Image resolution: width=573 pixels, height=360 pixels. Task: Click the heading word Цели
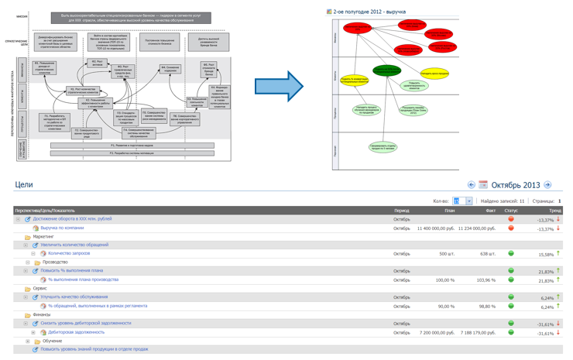(x=24, y=185)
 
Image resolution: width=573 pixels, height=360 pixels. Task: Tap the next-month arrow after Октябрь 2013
(x=547, y=185)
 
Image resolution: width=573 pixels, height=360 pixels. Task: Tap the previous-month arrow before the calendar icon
(x=471, y=185)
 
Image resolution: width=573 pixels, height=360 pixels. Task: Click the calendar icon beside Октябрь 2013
(x=483, y=185)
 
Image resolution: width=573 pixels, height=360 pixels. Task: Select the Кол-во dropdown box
(x=462, y=201)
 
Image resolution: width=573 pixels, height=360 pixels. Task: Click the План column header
(x=450, y=211)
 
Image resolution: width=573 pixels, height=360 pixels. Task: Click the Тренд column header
(x=555, y=211)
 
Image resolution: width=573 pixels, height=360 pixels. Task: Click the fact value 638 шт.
(x=487, y=254)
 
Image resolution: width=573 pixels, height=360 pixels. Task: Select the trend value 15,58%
(x=546, y=255)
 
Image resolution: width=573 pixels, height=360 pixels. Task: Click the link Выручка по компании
(x=62, y=228)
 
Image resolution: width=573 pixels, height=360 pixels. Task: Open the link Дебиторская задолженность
(x=76, y=332)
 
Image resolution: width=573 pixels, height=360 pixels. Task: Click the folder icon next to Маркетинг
(x=28, y=237)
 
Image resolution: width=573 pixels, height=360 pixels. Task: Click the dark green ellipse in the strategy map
(x=386, y=70)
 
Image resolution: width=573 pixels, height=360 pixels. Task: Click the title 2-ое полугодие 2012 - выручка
(x=369, y=12)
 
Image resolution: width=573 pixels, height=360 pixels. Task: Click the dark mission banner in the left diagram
(x=120, y=17)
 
